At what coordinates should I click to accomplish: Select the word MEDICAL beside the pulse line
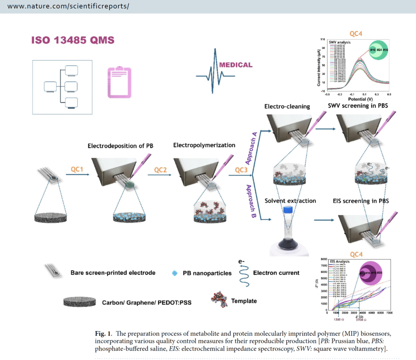pos(236,65)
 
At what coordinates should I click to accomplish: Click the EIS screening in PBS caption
pos(361,201)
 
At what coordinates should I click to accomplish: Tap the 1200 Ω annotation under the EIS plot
pos(340,320)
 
